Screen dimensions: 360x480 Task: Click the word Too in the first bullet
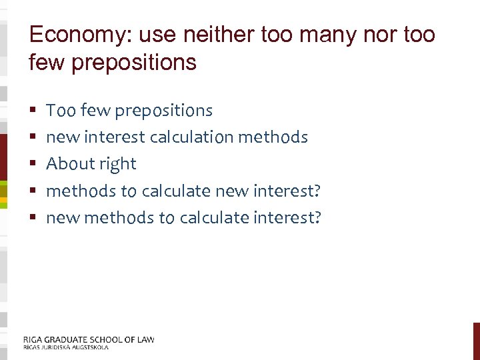pyautogui.click(x=61, y=110)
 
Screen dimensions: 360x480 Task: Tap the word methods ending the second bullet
pyautogui.click(x=272, y=137)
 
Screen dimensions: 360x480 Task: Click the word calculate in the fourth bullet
pyautogui.click(x=174, y=191)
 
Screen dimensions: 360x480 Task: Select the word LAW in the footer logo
pyautogui.click(x=145, y=339)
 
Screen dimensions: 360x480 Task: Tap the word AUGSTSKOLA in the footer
pyautogui.click(x=86, y=347)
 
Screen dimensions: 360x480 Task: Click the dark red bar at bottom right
pyautogui.click(x=476, y=341)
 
